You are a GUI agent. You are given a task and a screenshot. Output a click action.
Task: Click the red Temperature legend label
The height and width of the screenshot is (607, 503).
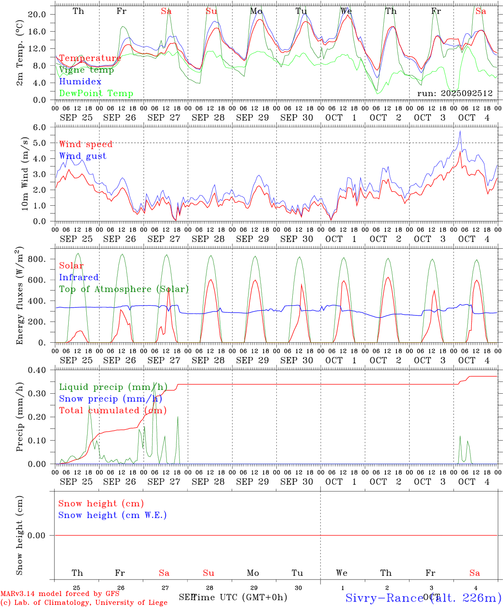pos(90,58)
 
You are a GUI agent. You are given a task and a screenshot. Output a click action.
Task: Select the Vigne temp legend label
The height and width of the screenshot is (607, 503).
pos(86,70)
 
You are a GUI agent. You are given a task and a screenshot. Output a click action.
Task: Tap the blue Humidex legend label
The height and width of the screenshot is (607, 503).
pos(80,82)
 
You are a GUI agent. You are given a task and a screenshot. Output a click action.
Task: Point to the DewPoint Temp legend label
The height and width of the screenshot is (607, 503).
pos(96,94)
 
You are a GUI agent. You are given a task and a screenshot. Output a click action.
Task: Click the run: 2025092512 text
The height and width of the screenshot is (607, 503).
pos(455,94)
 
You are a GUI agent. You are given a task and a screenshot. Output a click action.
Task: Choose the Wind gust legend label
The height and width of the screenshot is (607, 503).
pos(83,156)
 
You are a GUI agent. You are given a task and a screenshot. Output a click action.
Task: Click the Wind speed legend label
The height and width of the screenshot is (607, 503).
pos(86,144)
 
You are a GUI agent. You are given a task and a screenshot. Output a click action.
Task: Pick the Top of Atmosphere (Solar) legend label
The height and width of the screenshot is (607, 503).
pos(123,289)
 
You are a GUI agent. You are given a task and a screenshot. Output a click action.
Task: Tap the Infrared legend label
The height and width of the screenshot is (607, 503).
pos(79,277)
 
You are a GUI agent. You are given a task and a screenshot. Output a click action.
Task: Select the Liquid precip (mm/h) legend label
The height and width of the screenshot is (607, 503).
pos(113,387)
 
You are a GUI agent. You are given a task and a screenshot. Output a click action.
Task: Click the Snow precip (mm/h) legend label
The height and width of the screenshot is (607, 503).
pos(110,399)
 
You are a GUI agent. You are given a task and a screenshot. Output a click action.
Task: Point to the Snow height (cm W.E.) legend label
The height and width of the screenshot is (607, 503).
pos(112,515)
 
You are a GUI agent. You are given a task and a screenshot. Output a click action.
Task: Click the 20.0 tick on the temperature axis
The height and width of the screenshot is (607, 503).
pos(37,14)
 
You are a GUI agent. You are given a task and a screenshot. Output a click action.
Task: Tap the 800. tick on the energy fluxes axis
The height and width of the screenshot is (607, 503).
pos(36,259)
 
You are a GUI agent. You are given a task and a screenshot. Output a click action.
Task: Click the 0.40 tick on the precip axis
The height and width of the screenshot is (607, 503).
pos(37,370)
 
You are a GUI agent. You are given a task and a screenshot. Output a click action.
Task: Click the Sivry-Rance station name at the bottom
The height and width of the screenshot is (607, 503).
pos(384,598)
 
